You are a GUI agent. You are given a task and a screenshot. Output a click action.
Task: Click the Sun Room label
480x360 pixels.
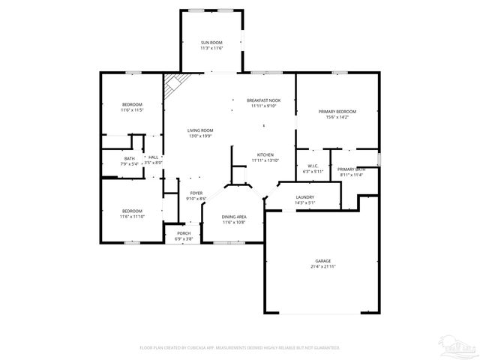(211, 43)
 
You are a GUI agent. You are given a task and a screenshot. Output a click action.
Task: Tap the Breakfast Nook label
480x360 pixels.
(264, 100)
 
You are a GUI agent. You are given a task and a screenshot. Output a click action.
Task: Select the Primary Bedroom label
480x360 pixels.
(337, 112)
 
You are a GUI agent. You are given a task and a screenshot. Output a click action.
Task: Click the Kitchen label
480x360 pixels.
(265, 155)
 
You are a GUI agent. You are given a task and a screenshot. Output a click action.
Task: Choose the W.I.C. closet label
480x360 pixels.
(313, 166)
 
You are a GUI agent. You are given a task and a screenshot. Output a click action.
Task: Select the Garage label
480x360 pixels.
(323, 261)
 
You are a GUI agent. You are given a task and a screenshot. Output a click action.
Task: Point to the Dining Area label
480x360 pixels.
(234, 217)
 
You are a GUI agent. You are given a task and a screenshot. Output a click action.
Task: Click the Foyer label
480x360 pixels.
(196, 193)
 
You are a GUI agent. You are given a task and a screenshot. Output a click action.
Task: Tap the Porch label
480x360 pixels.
(184, 233)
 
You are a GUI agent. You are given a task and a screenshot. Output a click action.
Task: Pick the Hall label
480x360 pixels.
(153, 157)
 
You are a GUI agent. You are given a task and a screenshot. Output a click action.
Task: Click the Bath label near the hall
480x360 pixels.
(130, 158)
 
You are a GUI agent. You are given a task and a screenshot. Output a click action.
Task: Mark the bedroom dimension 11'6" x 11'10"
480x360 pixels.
(132, 217)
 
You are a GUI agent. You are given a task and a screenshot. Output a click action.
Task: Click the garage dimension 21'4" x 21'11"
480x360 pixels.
(323, 267)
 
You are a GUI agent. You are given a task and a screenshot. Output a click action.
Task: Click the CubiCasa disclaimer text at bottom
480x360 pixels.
(240, 348)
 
